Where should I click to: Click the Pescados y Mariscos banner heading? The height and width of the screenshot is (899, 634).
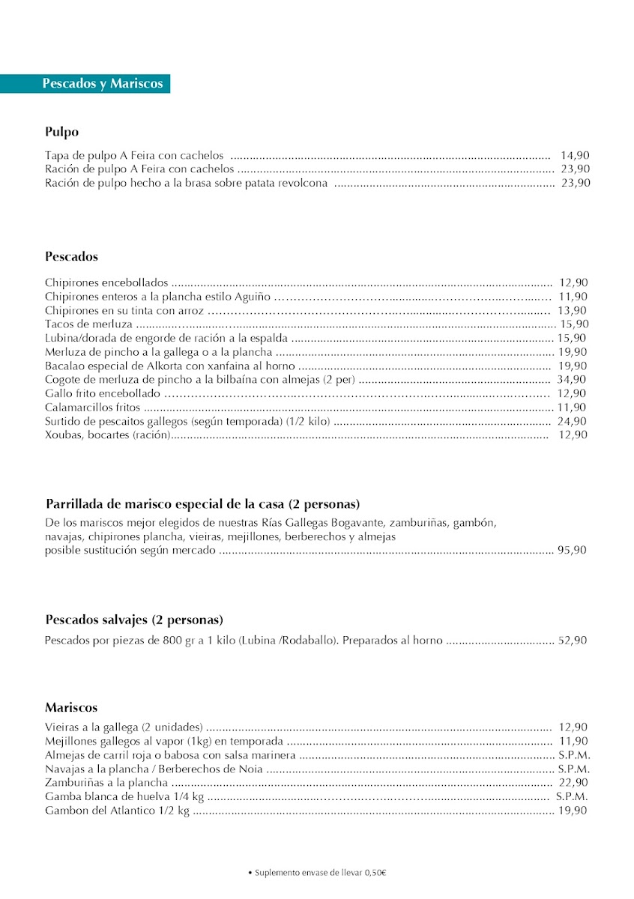102,84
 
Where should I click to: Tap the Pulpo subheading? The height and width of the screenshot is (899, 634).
61,133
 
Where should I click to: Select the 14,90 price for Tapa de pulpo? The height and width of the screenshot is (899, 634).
575,155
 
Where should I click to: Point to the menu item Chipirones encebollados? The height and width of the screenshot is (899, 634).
106,283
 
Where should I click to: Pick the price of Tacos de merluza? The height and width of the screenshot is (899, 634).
575,324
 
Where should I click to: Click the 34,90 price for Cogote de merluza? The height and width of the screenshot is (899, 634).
573,380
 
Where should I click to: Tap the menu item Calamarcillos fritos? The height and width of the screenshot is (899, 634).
92,408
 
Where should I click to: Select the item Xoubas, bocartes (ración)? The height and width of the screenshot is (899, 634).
107,435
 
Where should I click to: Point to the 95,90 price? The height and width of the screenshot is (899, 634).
573,551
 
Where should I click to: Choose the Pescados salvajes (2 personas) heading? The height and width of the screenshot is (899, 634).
134,620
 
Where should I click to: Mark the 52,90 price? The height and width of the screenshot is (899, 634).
573,641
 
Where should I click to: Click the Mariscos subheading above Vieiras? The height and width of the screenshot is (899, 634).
71,708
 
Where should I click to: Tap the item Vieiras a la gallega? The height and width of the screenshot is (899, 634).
124,727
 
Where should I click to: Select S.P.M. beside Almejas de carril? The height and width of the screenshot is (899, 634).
574,755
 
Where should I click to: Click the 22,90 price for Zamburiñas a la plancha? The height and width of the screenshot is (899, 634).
573,783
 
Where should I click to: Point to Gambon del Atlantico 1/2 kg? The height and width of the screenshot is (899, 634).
117,811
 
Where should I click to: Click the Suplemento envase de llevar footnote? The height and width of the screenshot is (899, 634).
318,873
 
